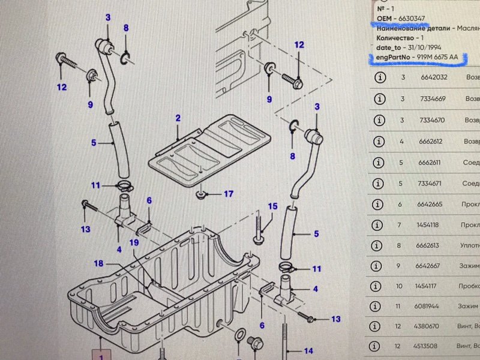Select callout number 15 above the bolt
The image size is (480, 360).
click(x=272, y=206)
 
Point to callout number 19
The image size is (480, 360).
click(x=134, y=242)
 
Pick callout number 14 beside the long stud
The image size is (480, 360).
click(x=308, y=351)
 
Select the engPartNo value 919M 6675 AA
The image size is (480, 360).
click(x=432, y=57)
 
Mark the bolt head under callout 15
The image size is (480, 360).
click(x=258, y=240)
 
